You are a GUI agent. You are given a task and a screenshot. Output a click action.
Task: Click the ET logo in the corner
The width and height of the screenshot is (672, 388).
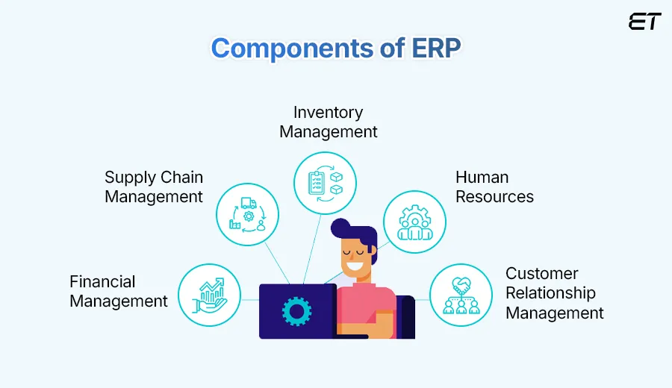point(644,22)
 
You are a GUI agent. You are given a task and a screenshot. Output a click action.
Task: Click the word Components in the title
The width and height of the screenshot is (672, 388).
point(280,48)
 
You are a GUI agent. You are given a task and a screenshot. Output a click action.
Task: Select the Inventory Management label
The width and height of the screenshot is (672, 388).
point(329,122)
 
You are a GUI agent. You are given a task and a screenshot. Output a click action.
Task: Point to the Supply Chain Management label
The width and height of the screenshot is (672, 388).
point(154,187)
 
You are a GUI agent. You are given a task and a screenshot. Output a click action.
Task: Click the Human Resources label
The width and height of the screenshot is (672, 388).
point(494,187)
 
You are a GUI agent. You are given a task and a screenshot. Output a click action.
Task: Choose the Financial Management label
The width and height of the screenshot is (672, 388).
point(118,292)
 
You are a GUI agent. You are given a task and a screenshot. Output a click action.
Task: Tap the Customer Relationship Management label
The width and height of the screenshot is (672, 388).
point(554,293)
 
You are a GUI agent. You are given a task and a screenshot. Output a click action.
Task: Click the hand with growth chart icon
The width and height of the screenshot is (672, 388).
point(209,295)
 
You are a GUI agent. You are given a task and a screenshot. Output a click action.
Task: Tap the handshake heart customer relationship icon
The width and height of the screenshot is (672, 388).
point(461,295)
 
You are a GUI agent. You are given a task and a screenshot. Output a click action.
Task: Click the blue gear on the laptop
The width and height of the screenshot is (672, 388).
point(296,310)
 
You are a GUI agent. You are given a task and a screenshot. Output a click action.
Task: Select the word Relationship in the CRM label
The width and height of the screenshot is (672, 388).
point(550,293)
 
